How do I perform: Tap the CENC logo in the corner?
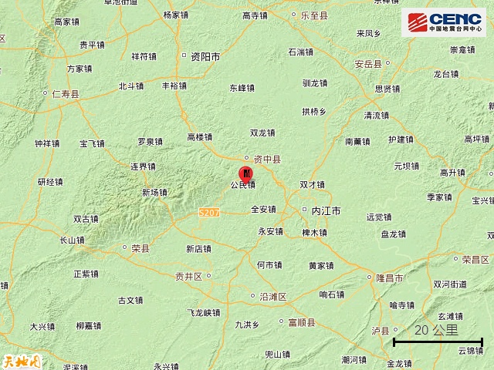tap(443, 22)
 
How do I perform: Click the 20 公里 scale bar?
tap(438, 339)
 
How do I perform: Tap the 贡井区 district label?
tap(188, 275)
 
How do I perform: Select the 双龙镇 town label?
tap(263, 133)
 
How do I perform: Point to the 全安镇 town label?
tap(263, 209)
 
